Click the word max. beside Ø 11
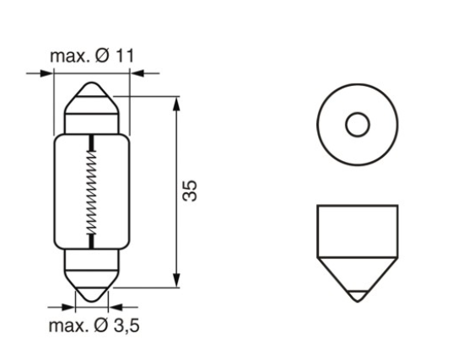click(x=72, y=56)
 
